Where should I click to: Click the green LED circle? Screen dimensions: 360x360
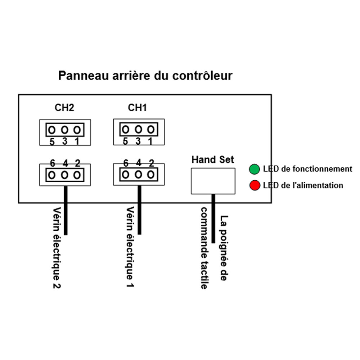click(x=255, y=169)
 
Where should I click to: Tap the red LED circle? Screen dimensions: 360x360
click(x=255, y=186)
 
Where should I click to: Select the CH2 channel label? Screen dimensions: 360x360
click(x=64, y=108)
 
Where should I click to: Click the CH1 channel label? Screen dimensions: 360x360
click(x=138, y=108)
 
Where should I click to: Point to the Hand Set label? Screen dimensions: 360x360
click(x=212, y=159)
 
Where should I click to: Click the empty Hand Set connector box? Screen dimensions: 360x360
click(x=213, y=181)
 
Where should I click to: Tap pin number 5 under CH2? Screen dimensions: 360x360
click(x=52, y=142)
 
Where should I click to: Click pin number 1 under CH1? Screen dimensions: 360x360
click(x=150, y=141)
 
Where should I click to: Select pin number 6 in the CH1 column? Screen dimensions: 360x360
click(x=126, y=163)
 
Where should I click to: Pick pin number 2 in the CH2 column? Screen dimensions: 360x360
click(x=77, y=163)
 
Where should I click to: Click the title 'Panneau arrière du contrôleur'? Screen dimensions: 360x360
click(x=145, y=76)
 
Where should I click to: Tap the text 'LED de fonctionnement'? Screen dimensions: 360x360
click(x=307, y=168)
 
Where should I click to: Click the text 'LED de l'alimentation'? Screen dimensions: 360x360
click(x=303, y=185)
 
